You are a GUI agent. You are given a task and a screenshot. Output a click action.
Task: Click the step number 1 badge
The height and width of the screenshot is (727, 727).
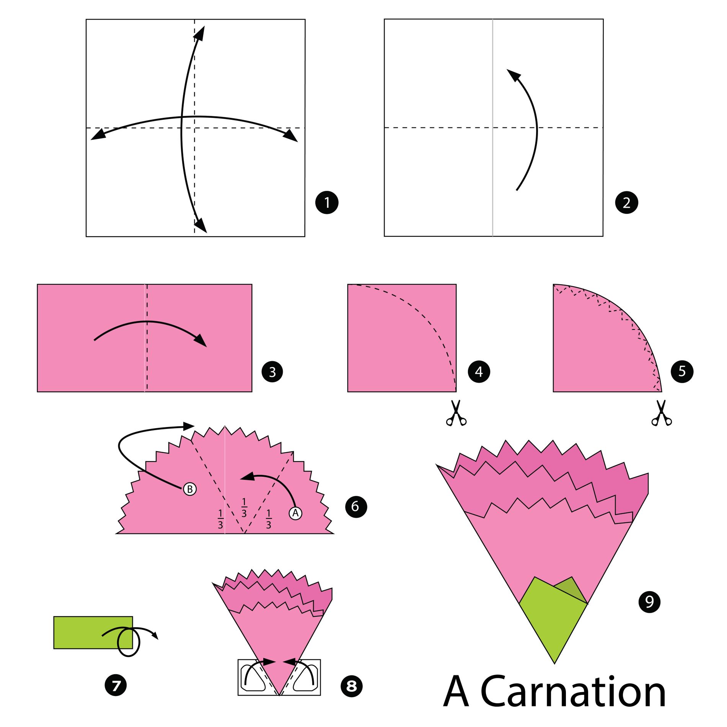pos(327,202)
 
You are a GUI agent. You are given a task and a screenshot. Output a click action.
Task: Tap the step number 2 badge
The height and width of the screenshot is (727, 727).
pos(626,202)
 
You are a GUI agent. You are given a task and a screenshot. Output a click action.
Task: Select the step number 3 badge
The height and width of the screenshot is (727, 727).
pos(272,372)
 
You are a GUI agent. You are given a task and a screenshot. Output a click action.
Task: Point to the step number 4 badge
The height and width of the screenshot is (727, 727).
pos(479,372)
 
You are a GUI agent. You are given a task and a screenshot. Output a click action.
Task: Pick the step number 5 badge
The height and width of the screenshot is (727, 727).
pos(682,371)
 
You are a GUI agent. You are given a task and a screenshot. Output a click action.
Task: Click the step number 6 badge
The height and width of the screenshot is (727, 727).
pos(356,507)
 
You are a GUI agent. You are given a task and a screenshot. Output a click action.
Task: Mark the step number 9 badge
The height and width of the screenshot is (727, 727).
pos(649,602)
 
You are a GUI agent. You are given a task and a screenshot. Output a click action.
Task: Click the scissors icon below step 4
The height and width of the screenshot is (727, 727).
pos(456,413)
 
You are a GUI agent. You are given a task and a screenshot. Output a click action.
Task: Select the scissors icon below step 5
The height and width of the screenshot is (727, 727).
pos(662,413)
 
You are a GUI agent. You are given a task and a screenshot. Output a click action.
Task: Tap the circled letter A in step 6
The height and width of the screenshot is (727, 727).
pos(295,513)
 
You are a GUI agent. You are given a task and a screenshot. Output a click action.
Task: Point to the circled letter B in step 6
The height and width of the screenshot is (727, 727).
pos(190,489)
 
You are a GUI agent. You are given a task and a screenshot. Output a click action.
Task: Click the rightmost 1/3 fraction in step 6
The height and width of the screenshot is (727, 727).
pos(269,519)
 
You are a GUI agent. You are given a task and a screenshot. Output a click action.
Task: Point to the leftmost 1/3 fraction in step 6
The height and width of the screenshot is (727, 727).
pos(220,519)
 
